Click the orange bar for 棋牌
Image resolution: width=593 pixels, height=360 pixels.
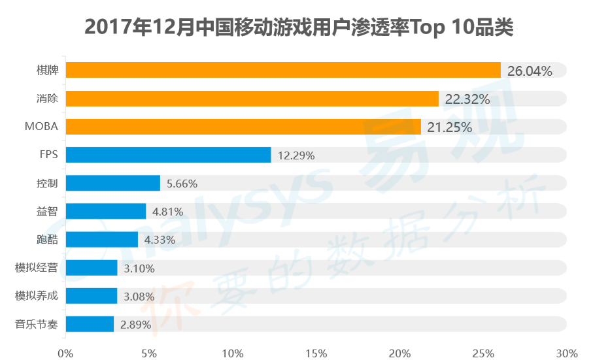283,70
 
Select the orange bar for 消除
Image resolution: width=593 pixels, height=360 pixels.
252,99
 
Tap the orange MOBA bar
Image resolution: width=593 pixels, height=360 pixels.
243,127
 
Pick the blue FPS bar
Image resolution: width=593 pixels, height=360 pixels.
168,155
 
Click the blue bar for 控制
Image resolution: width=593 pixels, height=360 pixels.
112,183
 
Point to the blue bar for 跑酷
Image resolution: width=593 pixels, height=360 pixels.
101,239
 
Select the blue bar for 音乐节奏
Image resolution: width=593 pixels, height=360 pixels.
90,324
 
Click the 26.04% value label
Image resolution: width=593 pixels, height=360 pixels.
530,71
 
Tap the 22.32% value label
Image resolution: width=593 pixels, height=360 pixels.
467,99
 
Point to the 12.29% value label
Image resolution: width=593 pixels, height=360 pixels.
297,155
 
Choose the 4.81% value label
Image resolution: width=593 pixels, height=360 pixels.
167,212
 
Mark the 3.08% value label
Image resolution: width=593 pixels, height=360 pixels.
139,296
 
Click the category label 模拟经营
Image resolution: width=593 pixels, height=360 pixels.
37,267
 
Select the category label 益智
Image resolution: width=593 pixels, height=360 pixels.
48,211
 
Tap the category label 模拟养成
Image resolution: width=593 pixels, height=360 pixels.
37,296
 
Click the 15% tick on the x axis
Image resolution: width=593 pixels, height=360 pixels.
316,353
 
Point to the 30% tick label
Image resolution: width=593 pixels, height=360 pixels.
566,353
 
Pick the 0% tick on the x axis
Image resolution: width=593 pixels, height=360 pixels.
65,353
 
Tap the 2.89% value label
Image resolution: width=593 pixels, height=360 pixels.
135,325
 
